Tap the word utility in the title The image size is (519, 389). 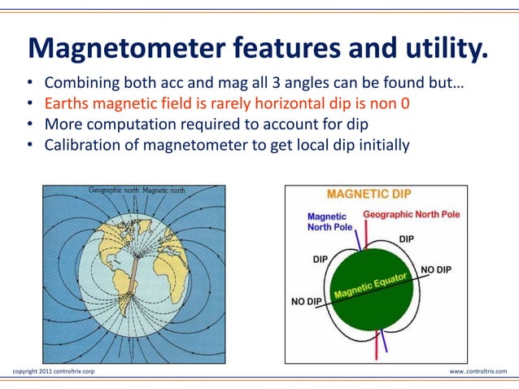pyautogui.click(x=436, y=50)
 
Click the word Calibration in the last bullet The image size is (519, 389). pyautogui.click(x=85, y=146)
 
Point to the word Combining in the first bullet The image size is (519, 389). pyautogui.click(x=81, y=84)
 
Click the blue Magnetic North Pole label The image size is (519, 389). pyautogui.click(x=329, y=221)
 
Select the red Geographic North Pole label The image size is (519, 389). pyautogui.click(x=412, y=214)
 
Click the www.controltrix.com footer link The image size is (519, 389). pyautogui.click(x=478, y=371)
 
